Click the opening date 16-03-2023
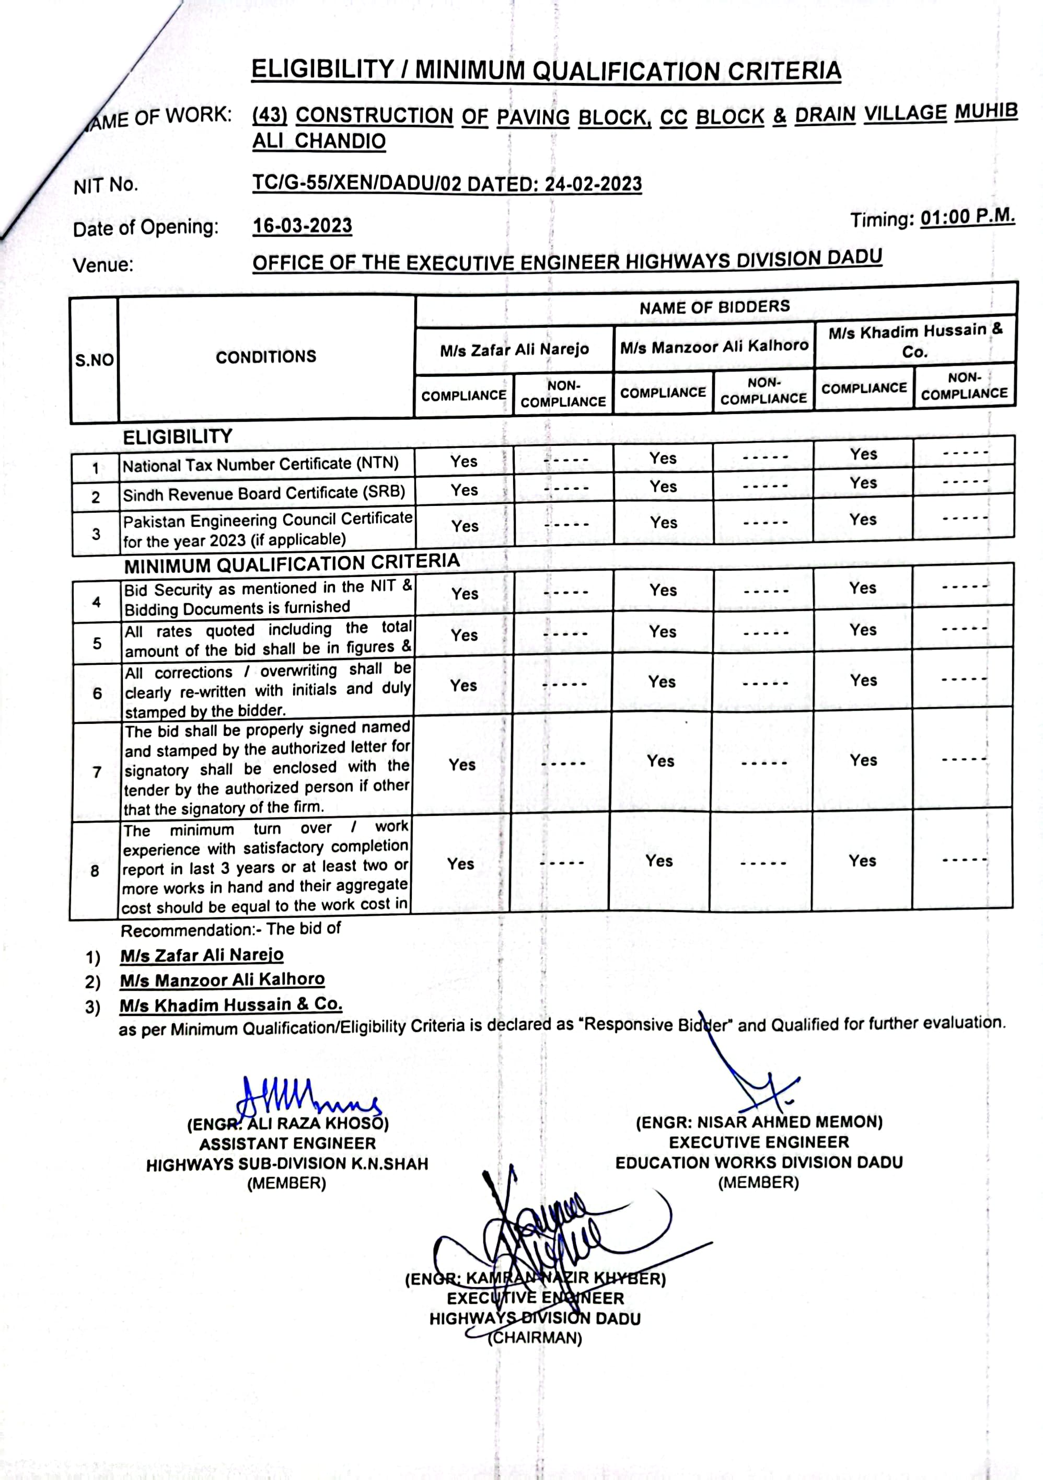pyautogui.click(x=303, y=226)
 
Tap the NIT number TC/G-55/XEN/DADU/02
pyautogui.click(x=356, y=184)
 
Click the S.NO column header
pyautogui.click(x=94, y=360)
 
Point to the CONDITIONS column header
pyautogui.click(x=265, y=357)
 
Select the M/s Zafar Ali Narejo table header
pyautogui.click(x=514, y=350)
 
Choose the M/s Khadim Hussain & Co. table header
pyautogui.click(x=915, y=341)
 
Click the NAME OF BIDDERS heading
pyautogui.click(x=714, y=307)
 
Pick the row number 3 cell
pyautogui.click(x=96, y=534)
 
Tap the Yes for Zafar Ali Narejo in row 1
pyautogui.click(x=463, y=461)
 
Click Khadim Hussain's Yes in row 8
pyautogui.click(x=862, y=861)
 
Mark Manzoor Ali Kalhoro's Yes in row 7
pyautogui.click(x=660, y=761)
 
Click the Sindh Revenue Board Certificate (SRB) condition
pyautogui.click(x=264, y=494)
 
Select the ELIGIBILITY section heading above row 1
pyautogui.click(x=177, y=437)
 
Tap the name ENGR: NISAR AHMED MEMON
pyautogui.click(x=759, y=1122)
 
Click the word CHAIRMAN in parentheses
pyautogui.click(x=535, y=1339)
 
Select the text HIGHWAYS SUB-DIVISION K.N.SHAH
pyautogui.click(x=287, y=1164)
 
